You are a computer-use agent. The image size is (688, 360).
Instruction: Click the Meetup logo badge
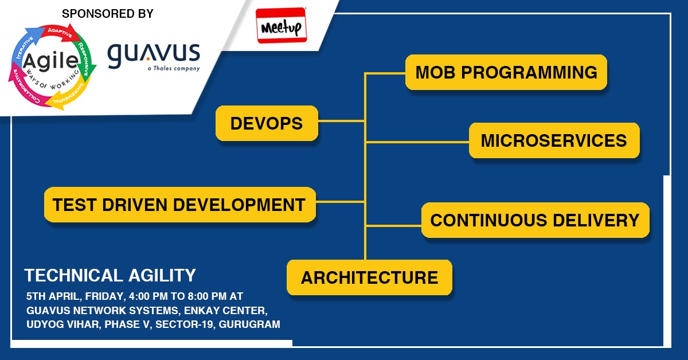pyautogui.click(x=282, y=26)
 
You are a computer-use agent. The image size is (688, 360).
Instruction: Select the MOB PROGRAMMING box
pyautogui.click(x=506, y=72)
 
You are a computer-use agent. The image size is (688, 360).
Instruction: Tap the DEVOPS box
pyautogui.click(x=267, y=123)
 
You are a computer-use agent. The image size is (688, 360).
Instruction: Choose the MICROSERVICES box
pyautogui.click(x=553, y=140)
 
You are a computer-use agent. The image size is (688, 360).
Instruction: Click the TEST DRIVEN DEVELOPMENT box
pyautogui.click(x=179, y=205)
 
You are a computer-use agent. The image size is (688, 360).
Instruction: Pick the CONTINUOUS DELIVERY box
pyautogui.click(x=534, y=220)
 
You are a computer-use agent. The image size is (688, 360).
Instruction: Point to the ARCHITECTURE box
pyautogui.click(x=369, y=278)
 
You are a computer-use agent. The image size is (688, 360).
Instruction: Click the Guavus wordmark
pyautogui.click(x=154, y=54)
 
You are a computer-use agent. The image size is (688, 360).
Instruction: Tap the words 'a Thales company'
pyautogui.click(x=173, y=68)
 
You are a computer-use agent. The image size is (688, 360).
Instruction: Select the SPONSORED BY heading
pyautogui.click(x=107, y=13)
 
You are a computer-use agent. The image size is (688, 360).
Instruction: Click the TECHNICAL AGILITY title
pyautogui.click(x=110, y=276)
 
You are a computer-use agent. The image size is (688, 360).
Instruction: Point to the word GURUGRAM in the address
pyautogui.click(x=252, y=324)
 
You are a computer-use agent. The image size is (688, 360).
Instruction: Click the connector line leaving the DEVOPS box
pyautogui.click(x=341, y=121)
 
